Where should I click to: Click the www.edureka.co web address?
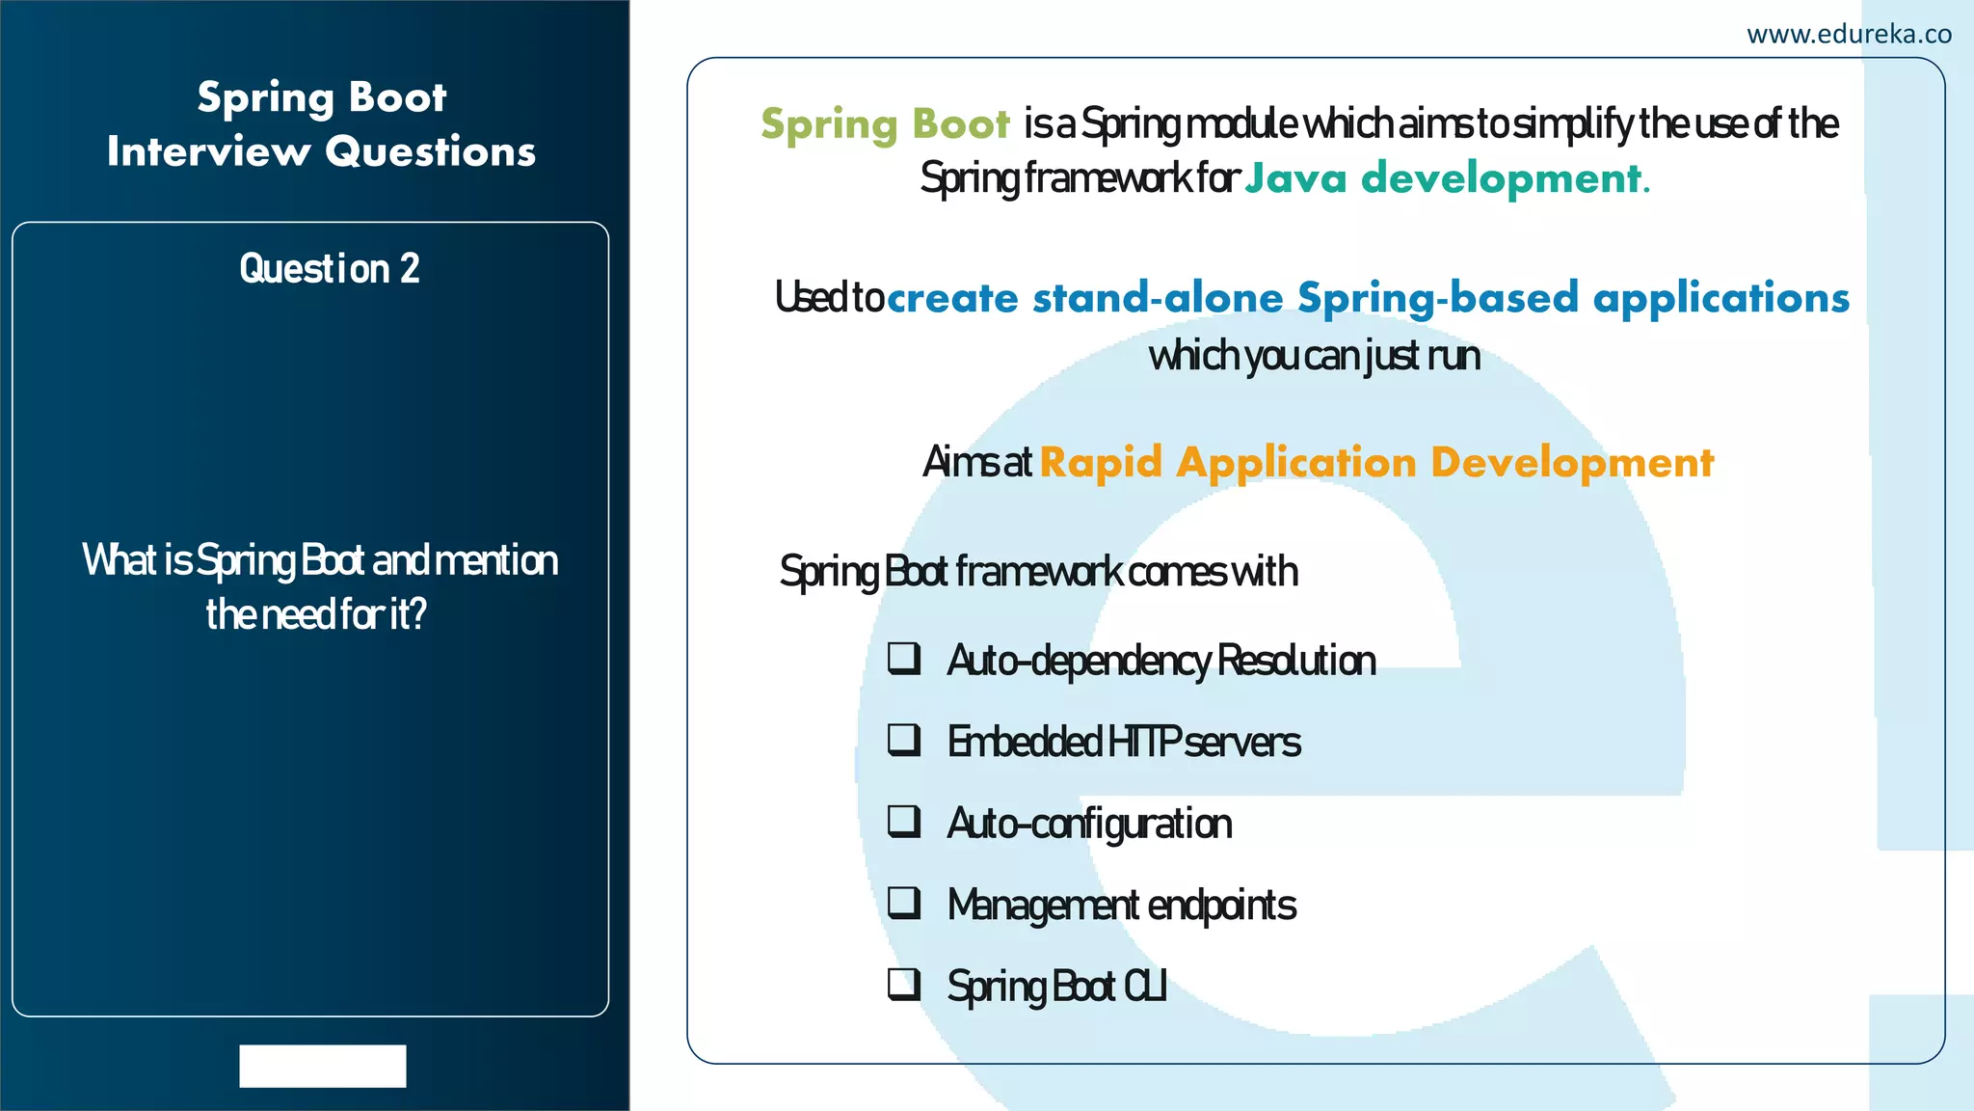pos(1849,35)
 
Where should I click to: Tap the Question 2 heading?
pos(330,269)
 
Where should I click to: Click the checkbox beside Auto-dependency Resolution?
pos(904,659)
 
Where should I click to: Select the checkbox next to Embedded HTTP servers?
pos(904,740)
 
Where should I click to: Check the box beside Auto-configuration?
pos(904,822)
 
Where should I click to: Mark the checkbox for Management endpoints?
pos(904,903)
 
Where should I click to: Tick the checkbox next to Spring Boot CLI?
pos(904,985)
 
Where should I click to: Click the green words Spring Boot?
pos(885,124)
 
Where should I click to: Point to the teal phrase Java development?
pos(1446,178)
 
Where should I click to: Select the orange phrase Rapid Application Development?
pos(1376,463)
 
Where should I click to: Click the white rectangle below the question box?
pos(323,1066)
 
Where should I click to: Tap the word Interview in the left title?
pos(209,151)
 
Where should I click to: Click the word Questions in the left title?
pos(430,151)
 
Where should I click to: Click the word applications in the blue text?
pos(1721,298)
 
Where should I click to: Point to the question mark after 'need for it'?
pos(418,614)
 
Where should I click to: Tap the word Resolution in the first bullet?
pos(1296,661)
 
